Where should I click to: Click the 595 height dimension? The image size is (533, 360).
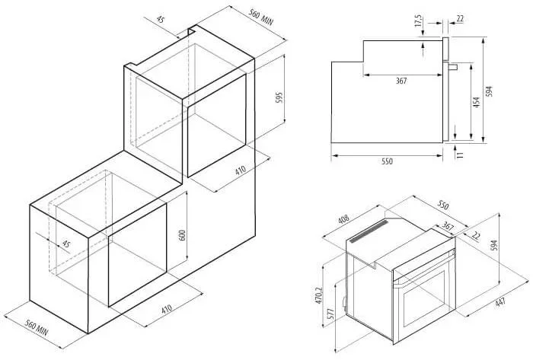tap(279, 98)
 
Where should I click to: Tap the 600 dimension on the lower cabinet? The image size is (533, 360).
tap(183, 236)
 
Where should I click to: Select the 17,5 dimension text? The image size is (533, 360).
tap(418, 21)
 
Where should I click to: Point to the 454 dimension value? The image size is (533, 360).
tap(476, 102)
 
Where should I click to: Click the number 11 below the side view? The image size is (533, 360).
tap(460, 155)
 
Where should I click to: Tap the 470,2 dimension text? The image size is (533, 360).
tap(318, 295)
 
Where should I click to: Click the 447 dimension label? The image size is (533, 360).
tap(500, 302)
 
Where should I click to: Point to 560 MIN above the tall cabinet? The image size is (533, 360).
tap(260, 17)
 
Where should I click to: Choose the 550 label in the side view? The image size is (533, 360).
tap(387, 161)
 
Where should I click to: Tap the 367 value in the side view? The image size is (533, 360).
tap(401, 81)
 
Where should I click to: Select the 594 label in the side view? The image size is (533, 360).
tap(489, 91)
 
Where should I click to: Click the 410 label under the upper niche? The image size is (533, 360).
tap(241, 170)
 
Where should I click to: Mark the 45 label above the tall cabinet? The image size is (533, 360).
tap(160, 19)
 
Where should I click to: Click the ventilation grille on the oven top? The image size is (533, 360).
tap(369, 231)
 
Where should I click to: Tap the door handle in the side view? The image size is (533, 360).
tap(453, 66)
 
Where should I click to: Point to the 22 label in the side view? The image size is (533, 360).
tap(460, 19)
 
